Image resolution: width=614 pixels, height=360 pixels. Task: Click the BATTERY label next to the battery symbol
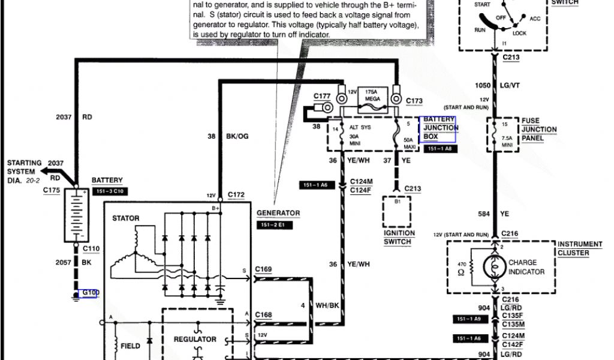(107, 180)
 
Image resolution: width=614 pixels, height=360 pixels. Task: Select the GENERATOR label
(278, 213)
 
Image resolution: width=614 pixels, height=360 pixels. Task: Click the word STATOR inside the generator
(126, 218)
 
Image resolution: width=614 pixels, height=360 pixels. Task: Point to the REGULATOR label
(195, 339)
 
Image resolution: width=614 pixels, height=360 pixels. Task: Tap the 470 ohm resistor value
(462, 267)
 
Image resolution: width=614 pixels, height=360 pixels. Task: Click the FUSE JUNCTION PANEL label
(538, 129)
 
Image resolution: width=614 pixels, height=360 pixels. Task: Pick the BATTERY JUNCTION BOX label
(440, 128)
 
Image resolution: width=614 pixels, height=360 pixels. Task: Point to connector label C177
(323, 96)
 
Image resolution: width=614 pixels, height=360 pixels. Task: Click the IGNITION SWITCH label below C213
(399, 237)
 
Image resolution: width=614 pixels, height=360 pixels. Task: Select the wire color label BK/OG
(237, 136)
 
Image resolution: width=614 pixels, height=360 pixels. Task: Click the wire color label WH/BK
(326, 306)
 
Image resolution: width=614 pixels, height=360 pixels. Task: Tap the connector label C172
(236, 196)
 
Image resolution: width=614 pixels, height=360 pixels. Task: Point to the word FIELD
(130, 346)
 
